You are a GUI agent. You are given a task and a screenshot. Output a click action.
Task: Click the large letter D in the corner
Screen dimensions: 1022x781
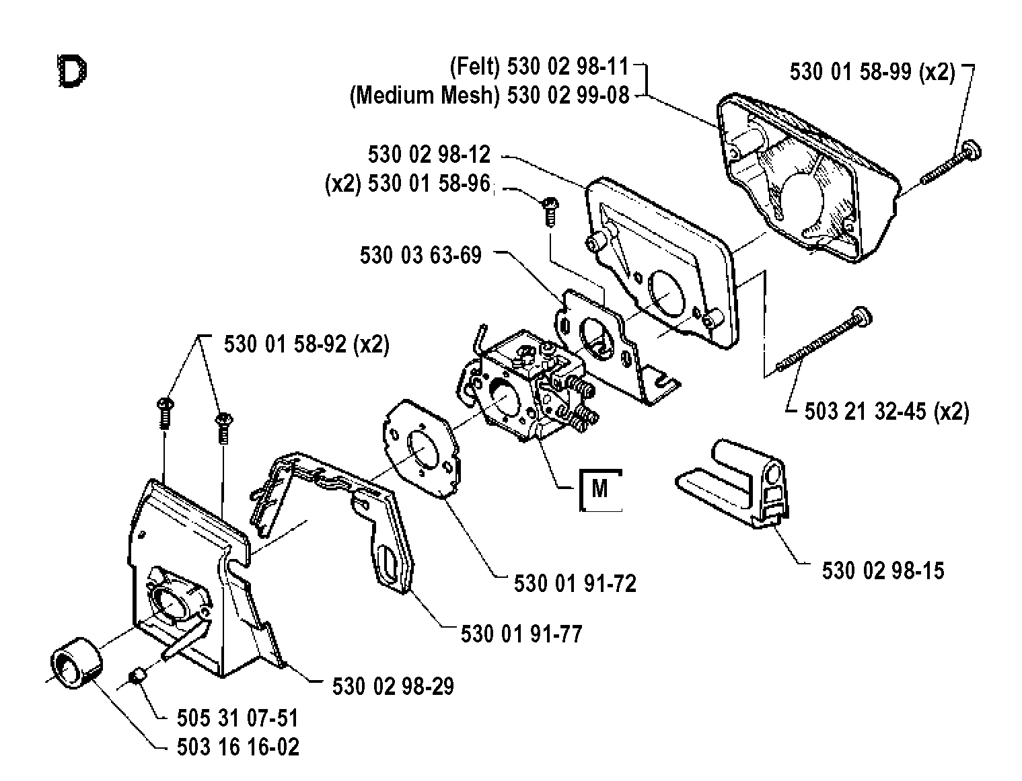[72, 71]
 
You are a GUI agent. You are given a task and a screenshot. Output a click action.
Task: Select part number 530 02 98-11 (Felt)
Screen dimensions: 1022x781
[539, 67]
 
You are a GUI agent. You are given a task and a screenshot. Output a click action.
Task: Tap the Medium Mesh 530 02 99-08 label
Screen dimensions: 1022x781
[489, 96]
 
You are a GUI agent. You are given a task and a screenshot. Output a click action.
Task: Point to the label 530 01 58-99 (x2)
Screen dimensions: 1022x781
[873, 72]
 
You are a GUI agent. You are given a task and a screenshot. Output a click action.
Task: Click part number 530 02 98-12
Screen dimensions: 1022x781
[429, 154]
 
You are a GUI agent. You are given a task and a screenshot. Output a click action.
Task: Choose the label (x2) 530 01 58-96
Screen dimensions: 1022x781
[408, 184]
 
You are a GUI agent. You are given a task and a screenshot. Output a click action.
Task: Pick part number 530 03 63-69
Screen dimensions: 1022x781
[421, 255]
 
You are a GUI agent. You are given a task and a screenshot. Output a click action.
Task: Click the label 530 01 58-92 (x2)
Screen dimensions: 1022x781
[306, 344]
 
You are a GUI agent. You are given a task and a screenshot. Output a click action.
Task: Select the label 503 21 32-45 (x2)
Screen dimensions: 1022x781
[887, 412]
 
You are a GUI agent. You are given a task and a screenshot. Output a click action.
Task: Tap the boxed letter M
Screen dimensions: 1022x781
[599, 489]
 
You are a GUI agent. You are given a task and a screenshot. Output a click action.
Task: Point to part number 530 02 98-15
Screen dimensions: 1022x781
[883, 570]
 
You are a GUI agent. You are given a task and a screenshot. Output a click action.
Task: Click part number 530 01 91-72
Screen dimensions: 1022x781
[575, 583]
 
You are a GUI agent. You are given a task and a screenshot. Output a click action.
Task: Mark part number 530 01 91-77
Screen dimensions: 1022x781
[521, 634]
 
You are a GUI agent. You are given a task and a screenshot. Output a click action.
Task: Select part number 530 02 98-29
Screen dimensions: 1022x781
[393, 686]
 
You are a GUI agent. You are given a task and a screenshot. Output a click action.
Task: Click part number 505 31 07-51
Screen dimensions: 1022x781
[238, 718]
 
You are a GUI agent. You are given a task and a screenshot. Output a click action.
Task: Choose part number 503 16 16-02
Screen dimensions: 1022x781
[238, 747]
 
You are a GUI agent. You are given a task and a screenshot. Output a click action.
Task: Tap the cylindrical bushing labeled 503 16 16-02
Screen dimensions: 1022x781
[76, 663]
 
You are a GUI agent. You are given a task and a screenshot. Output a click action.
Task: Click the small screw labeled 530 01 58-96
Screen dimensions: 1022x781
[550, 212]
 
